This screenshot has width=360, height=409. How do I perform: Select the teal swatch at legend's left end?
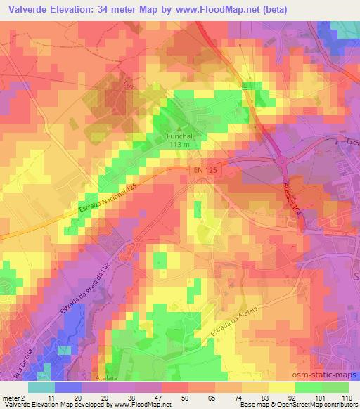click(x=41, y=387)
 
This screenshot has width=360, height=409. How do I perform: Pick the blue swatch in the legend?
click(x=69, y=387)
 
